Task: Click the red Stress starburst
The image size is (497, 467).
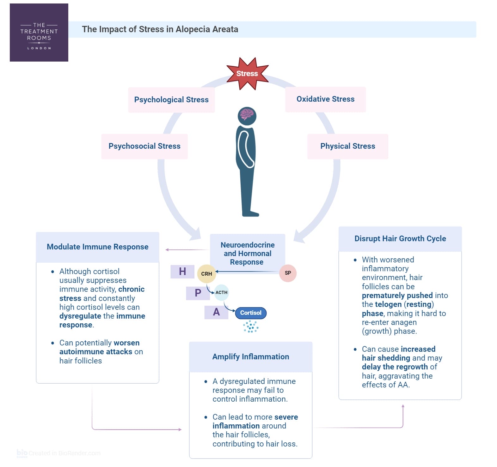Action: (x=247, y=74)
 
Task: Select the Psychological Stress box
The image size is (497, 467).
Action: (x=171, y=100)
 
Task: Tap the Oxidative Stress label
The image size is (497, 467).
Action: (x=325, y=99)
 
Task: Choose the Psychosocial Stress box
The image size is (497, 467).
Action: (x=144, y=146)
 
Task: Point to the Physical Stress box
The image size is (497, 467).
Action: (x=347, y=146)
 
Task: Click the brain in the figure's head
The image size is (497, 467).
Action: (x=247, y=114)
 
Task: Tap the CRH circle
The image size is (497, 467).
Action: (x=206, y=274)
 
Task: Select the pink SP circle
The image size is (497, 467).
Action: (x=288, y=273)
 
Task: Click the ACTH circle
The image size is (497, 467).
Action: (x=221, y=292)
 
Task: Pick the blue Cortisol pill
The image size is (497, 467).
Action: (x=251, y=313)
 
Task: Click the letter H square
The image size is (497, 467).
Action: (x=182, y=272)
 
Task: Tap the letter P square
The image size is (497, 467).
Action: (x=198, y=293)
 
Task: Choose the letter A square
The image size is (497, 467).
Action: (x=216, y=312)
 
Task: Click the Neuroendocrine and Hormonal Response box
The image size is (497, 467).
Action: (x=248, y=254)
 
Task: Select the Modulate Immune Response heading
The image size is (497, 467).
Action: (x=97, y=247)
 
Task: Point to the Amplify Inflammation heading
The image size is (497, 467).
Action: (x=250, y=357)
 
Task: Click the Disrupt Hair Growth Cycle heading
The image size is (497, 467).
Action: (x=400, y=239)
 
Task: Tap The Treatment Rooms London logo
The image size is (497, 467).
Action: (x=39, y=33)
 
